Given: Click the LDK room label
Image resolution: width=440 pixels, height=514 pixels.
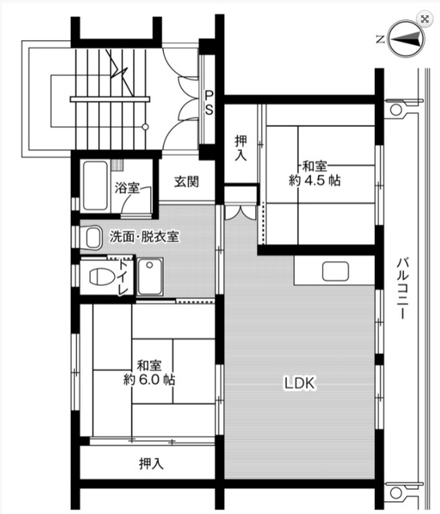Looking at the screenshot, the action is pos(299,383).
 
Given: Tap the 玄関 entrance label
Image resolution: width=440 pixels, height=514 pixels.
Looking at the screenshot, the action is pos(186,182).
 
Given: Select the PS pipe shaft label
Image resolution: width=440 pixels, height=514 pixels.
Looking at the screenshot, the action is pos(209,103).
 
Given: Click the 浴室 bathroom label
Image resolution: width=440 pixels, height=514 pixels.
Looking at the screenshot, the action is pos(127,188).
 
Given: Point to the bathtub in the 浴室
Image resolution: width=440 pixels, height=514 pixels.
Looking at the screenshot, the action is pos(96,186).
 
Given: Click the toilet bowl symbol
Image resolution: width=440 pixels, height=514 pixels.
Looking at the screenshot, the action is pos(102,277).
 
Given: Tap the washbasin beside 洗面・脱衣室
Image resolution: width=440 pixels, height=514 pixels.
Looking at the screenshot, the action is pos(92,238).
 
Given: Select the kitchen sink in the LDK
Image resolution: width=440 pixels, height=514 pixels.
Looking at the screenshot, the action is pos(335,271).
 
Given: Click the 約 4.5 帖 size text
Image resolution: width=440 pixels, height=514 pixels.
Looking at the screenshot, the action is pos(315,181).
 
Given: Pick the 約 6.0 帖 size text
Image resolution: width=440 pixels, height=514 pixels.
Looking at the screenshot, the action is pos(149,380).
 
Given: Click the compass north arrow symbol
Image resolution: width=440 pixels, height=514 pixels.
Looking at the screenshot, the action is pos(406,39).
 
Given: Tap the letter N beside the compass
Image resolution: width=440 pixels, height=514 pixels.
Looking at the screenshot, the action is pos(380,39).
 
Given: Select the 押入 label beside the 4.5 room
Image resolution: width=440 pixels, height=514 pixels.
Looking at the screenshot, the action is pos(241,148).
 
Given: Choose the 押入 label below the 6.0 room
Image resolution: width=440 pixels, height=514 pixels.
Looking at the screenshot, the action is pos(151,463).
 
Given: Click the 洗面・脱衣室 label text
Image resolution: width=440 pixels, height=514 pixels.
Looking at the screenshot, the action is pos(145,237).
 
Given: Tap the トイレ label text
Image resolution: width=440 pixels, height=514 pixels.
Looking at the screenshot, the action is pos(124,277).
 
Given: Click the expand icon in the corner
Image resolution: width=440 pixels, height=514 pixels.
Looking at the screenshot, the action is pos(425,19).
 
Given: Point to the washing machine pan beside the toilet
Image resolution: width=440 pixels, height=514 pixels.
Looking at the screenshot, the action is pos(150,276).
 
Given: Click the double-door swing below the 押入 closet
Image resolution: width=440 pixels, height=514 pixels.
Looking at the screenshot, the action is pos(240,212).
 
